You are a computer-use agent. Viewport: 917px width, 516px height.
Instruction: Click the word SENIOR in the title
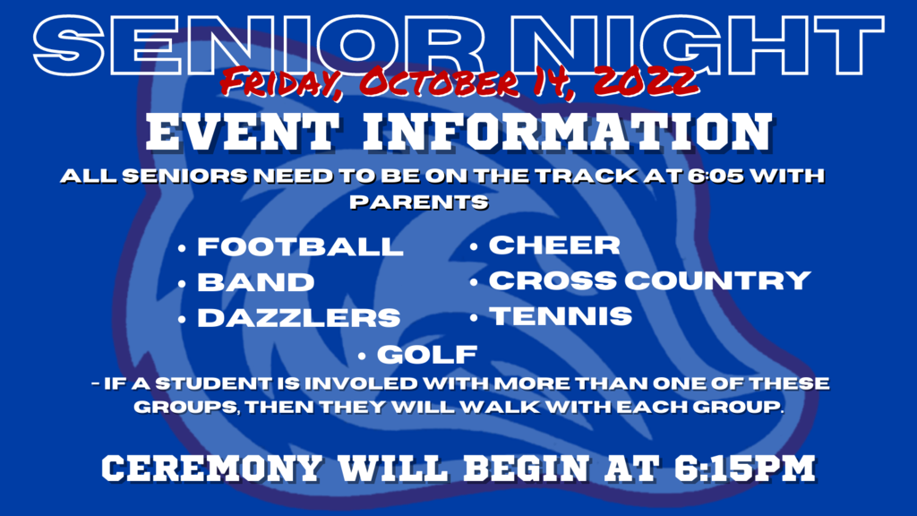tap(259, 46)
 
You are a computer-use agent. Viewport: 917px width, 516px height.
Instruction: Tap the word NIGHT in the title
tap(697, 46)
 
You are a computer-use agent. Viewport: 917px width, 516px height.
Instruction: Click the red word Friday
tap(281, 82)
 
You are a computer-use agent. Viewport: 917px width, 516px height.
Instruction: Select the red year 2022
tap(646, 80)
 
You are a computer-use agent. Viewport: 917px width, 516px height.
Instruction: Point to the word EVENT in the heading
tap(243, 133)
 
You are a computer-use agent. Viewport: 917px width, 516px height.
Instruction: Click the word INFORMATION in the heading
tap(568, 133)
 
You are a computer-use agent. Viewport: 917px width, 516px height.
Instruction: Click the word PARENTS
tap(419, 202)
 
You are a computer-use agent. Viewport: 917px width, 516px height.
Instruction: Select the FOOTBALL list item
tap(300, 246)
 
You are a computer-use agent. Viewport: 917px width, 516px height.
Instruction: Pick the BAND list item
tap(255, 282)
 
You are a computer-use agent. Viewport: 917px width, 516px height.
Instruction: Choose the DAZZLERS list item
tap(299, 318)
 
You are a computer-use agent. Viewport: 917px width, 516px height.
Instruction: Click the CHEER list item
tap(554, 245)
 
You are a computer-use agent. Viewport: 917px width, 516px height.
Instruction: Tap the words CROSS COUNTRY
tap(650, 280)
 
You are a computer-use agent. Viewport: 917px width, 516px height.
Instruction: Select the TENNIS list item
tap(561, 316)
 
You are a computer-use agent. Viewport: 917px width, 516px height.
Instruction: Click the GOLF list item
tap(427, 355)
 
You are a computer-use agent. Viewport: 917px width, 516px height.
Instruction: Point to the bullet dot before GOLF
tap(362, 355)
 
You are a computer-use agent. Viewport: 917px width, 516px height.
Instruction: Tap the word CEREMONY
tap(211, 469)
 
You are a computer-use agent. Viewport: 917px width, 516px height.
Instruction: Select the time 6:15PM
tap(745, 468)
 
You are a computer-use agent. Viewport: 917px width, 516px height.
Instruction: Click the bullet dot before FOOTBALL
tap(182, 249)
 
